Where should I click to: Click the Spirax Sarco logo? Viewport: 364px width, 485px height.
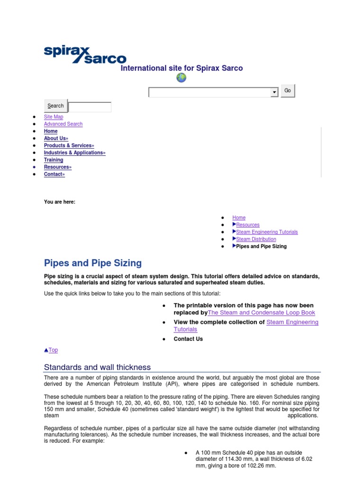[x=85, y=54]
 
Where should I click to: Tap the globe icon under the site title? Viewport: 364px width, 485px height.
[x=181, y=78]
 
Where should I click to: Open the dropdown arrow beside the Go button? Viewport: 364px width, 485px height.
[x=274, y=92]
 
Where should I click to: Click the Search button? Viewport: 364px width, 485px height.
[x=55, y=106]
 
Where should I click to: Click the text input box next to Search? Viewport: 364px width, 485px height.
[x=90, y=107]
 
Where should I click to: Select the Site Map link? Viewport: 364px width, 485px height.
[x=54, y=117]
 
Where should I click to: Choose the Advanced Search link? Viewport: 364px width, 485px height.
[x=63, y=124]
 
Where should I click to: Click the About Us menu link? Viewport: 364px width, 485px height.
[x=56, y=138]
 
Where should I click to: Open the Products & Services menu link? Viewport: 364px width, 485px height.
[x=69, y=145]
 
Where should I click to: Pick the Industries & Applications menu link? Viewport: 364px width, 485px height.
[x=74, y=153]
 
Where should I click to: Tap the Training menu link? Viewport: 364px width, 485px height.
[x=54, y=160]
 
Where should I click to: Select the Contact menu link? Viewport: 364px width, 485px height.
[x=54, y=174]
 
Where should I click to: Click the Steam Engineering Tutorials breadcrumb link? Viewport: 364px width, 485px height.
[x=267, y=232]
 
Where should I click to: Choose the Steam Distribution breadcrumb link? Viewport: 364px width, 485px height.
[x=256, y=239]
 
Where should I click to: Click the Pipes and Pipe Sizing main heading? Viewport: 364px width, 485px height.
[x=92, y=263]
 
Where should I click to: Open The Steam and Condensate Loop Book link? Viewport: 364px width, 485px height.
[x=261, y=313]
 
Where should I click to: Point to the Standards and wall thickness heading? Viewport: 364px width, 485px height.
[x=97, y=367]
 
